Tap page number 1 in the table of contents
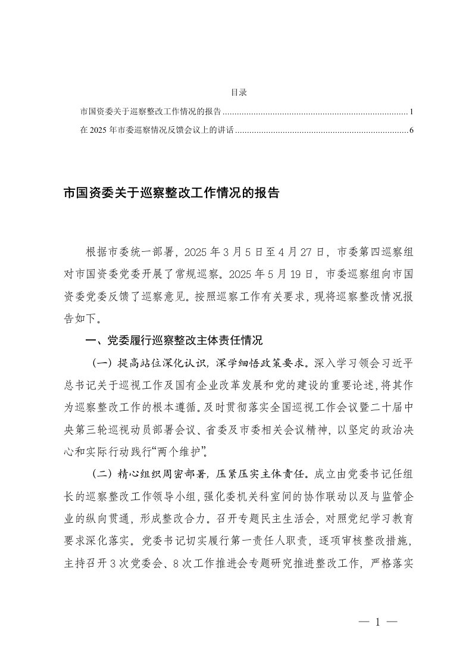point(411,111)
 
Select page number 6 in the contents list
point(411,130)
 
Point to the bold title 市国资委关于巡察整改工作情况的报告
point(171,193)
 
